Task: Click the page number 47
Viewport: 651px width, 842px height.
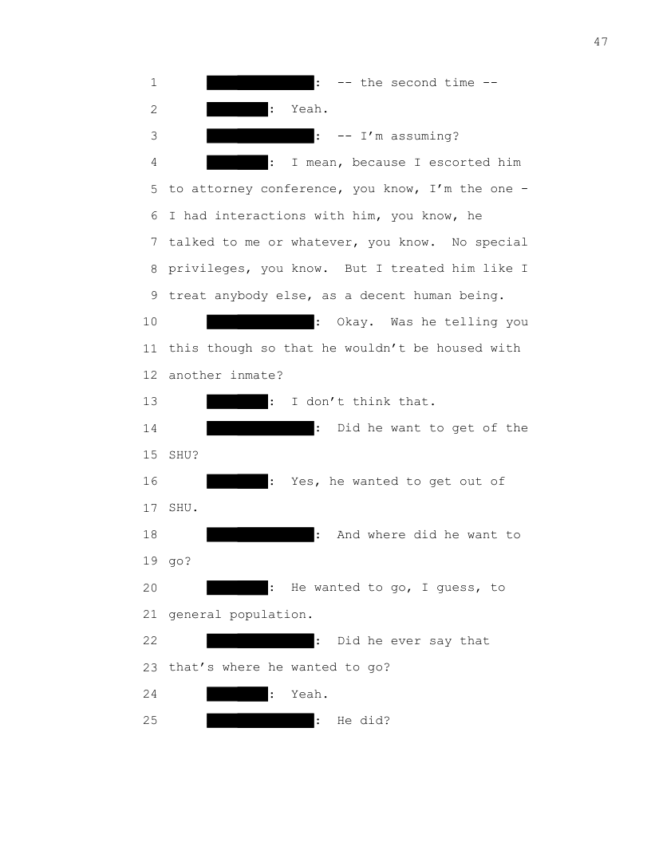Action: coord(601,42)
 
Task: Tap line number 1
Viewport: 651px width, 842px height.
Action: coord(152,83)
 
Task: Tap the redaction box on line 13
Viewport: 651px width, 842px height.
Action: coord(237,402)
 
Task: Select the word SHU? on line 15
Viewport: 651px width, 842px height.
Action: coord(183,455)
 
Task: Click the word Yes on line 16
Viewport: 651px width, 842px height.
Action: coord(302,482)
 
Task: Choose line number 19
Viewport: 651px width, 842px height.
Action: coord(152,561)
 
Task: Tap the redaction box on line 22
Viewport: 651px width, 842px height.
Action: coord(260,641)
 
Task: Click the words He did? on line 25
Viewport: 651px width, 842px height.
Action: coord(364,721)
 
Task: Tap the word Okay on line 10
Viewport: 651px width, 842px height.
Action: coord(353,322)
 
